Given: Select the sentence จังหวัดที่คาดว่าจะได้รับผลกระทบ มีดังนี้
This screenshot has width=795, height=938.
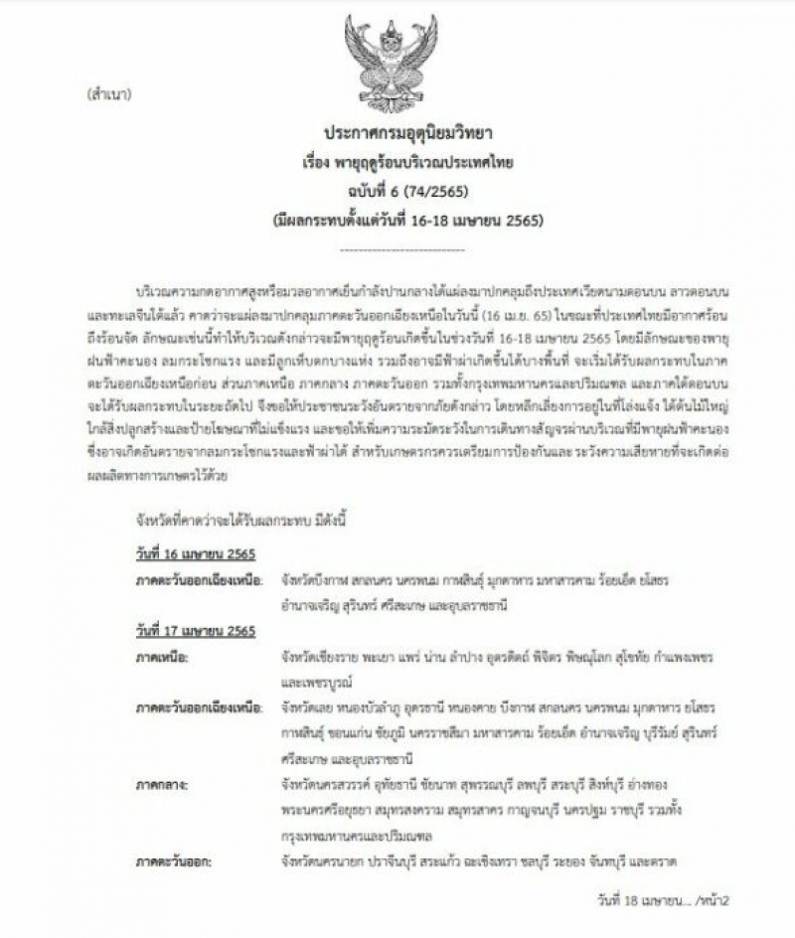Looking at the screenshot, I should click(x=221, y=520).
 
